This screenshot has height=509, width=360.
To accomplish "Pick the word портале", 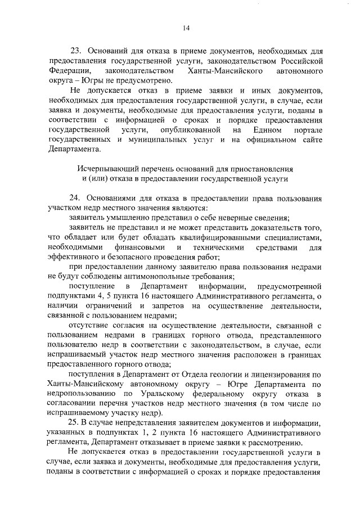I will coord(307,130).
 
